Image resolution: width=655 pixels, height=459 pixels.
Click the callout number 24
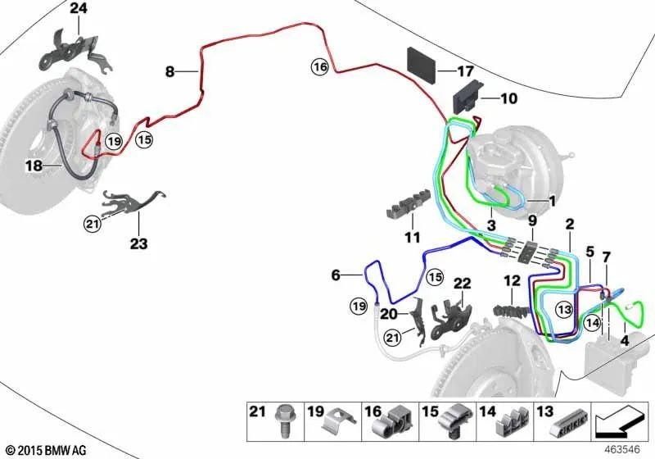point(78,9)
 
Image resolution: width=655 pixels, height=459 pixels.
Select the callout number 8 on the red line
point(170,72)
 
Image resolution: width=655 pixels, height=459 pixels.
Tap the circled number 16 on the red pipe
point(319,66)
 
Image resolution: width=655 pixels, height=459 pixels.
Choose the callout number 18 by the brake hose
point(33,166)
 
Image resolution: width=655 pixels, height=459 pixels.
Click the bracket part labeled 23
point(132,200)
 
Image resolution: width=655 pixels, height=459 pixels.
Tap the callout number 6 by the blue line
point(335,276)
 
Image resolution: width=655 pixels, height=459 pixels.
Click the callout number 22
point(463,284)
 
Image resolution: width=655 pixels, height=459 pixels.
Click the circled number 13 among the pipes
point(563,309)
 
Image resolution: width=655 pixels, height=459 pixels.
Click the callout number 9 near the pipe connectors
point(532,220)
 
